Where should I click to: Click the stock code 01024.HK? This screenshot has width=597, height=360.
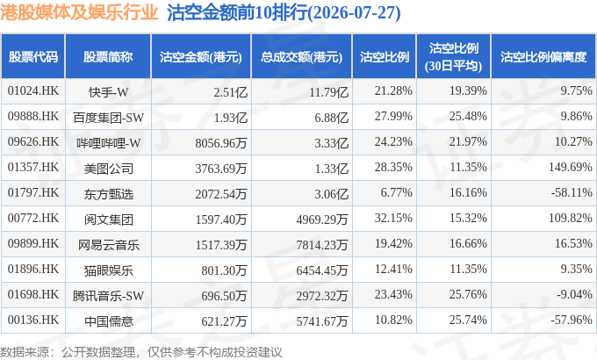click(33, 91)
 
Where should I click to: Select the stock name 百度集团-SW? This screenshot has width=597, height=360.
click(109, 118)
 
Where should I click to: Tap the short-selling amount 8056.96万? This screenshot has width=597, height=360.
click(221, 143)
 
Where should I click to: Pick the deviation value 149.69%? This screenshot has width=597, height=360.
click(571, 167)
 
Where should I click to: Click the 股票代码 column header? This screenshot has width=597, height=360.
click(33, 57)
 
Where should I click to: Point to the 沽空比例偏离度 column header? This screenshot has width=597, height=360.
click(543, 57)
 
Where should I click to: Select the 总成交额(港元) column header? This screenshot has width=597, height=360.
click(301, 57)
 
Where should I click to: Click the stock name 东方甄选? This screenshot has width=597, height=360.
click(109, 194)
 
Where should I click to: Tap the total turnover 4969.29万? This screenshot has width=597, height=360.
click(322, 220)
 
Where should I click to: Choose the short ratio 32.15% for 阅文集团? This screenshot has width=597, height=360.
click(393, 219)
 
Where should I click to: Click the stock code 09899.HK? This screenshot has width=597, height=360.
click(33, 244)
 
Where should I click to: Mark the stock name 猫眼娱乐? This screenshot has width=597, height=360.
click(109, 270)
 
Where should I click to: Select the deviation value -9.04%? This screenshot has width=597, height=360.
click(573, 294)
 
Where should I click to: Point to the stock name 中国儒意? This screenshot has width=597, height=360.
click(109, 321)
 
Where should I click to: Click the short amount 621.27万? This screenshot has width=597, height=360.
click(224, 321)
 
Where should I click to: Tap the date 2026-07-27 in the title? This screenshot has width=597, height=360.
click(355, 13)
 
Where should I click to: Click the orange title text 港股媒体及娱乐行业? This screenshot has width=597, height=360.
click(79, 12)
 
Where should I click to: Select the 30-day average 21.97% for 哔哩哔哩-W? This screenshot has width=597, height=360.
click(468, 141)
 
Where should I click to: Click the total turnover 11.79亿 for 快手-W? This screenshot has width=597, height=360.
click(328, 92)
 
